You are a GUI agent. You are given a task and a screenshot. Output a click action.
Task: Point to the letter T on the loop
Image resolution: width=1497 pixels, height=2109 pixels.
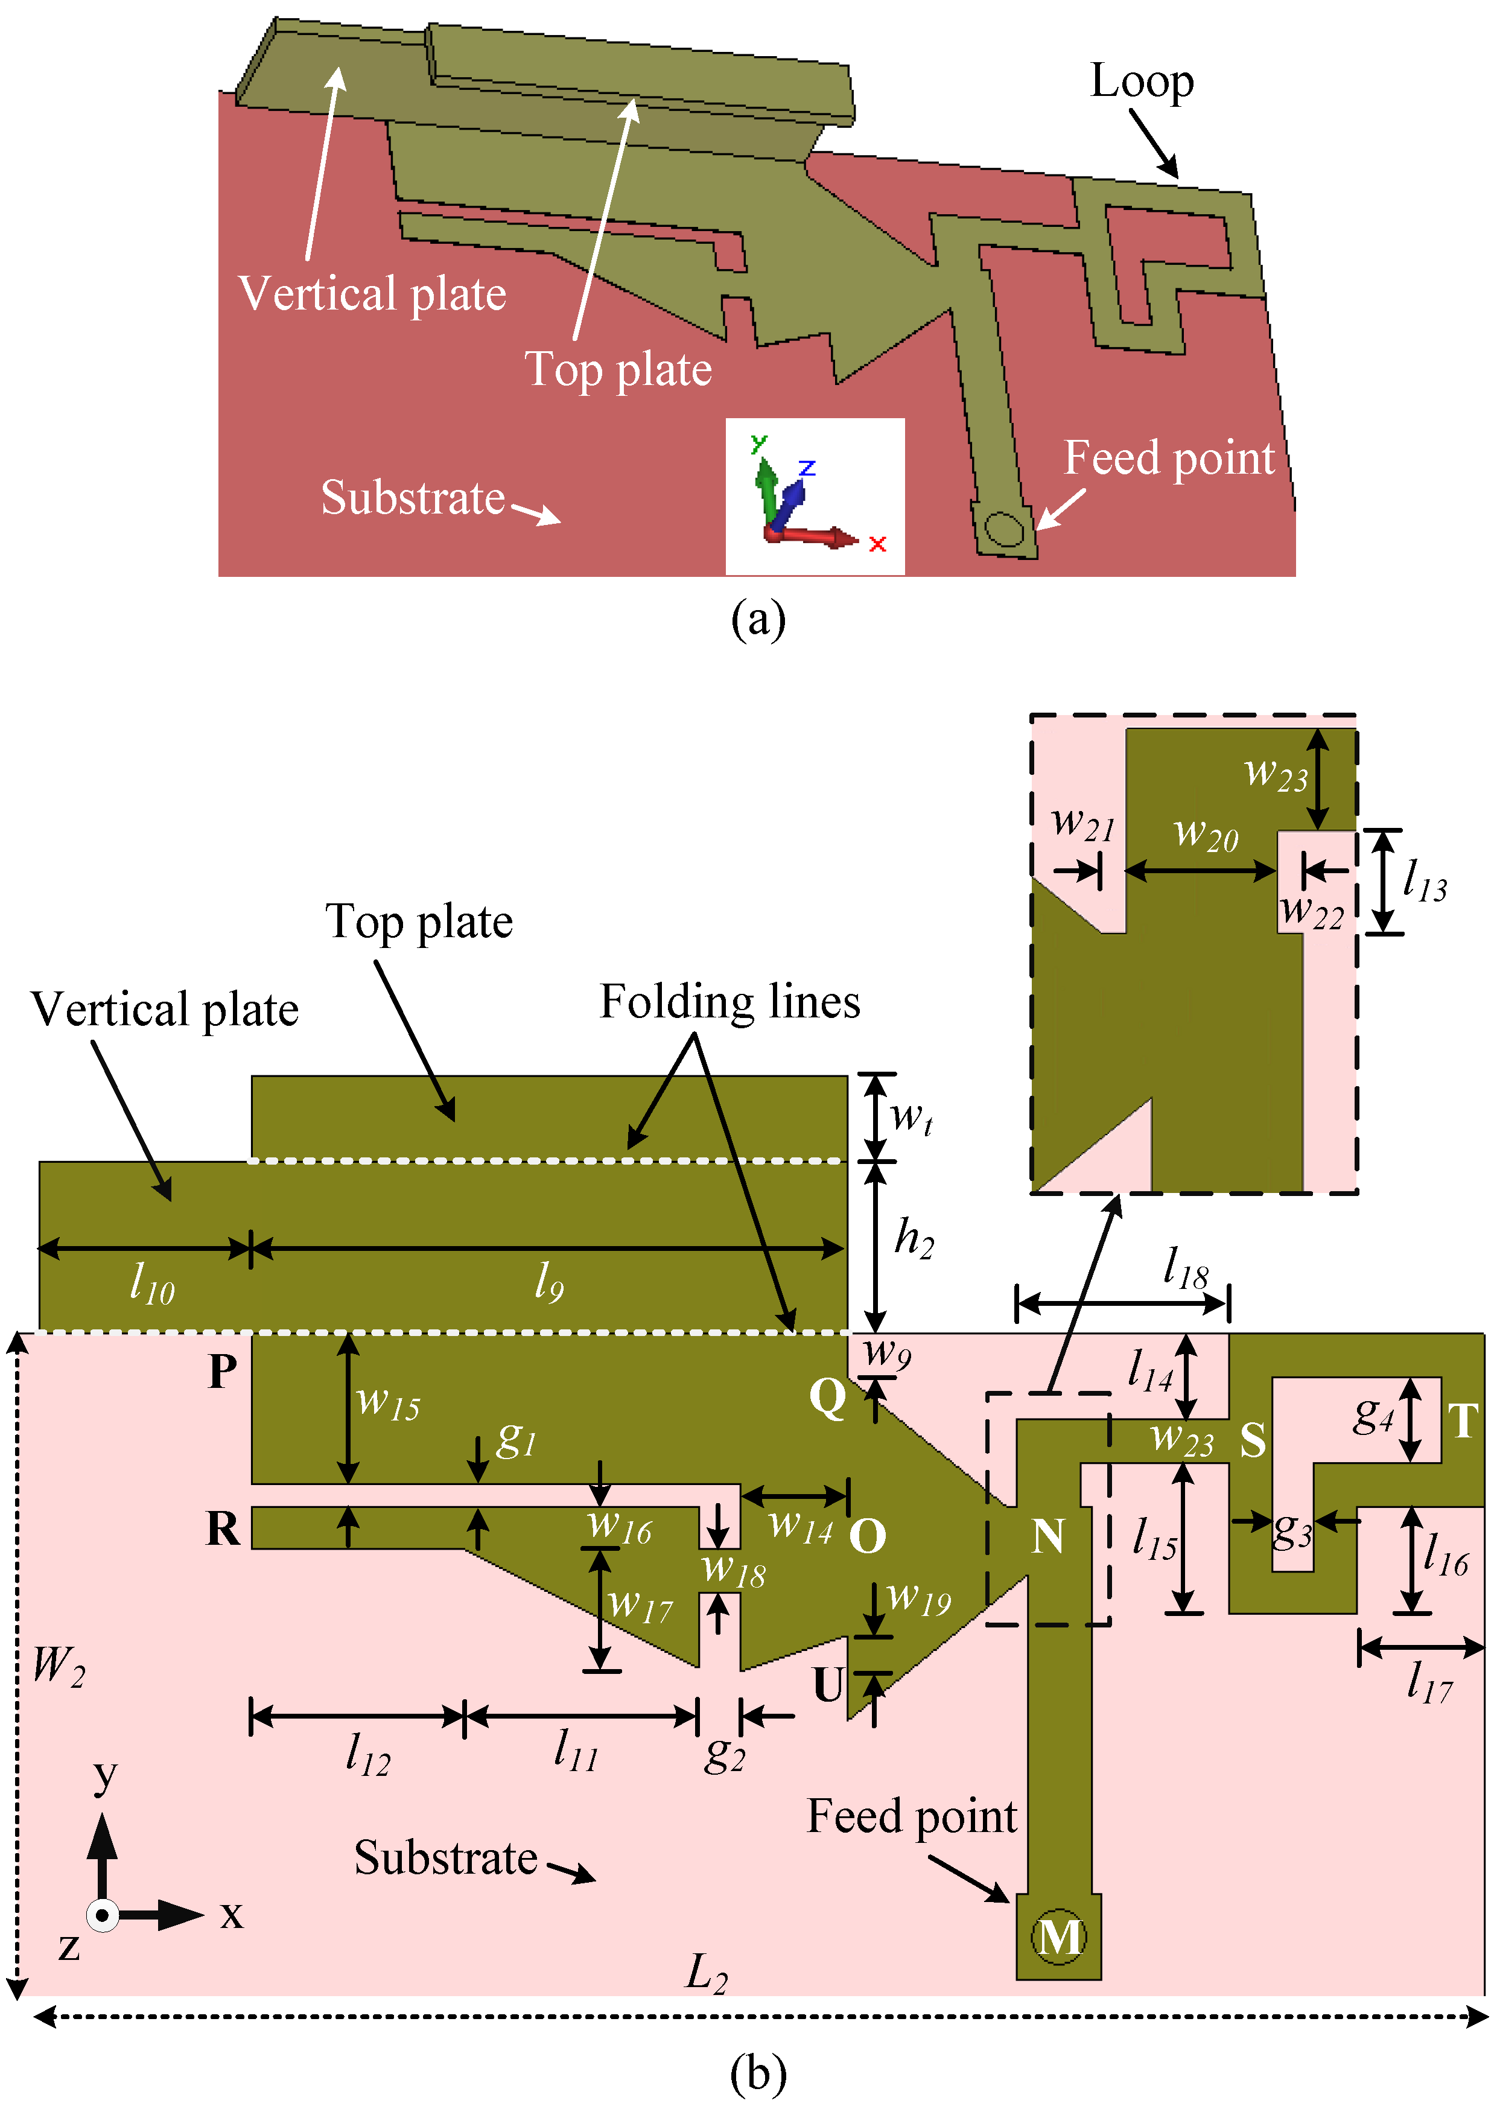(x=1463, y=1420)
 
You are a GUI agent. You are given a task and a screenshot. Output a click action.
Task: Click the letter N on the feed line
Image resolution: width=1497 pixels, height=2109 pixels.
(x=1048, y=1536)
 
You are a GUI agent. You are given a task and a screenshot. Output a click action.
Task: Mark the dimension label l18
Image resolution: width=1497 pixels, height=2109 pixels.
(x=1186, y=1268)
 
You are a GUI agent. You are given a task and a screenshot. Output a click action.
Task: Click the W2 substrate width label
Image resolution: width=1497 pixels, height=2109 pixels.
(x=58, y=1667)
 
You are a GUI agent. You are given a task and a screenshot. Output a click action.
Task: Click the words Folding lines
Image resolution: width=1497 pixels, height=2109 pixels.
(x=730, y=1002)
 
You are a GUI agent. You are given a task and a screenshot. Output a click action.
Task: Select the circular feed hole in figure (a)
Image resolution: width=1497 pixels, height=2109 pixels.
(x=1003, y=530)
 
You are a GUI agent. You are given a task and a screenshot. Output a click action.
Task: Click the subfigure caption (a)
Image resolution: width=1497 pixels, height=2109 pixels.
(x=758, y=619)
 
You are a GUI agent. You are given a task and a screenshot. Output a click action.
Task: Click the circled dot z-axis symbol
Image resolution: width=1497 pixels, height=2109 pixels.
(x=103, y=1915)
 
